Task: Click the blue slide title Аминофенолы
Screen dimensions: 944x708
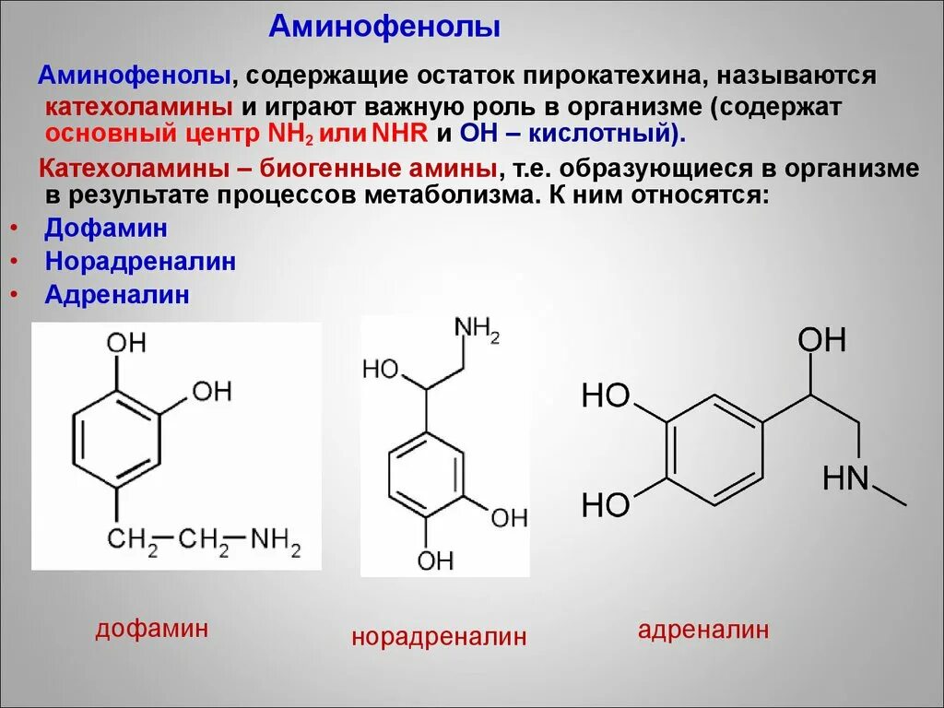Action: pyautogui.click(x=384, y=28)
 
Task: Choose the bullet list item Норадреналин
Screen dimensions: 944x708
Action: pyautogui.click(x=140, y=261)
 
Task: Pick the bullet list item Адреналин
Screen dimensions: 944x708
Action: pyautogui.click(x=117, y=295)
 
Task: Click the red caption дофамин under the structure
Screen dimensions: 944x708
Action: pyautogui.click(x=151, y=630)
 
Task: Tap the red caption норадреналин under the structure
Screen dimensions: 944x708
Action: pyautogui.click(x=439, y=636)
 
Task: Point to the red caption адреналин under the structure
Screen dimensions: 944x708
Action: pyautogui.click(x=703, y=631)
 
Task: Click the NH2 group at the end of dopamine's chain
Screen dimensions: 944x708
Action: pyautogui.click(x=276, y=538)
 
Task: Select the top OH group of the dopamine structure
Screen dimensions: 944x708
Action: pyautogui.click(x=126, y=344)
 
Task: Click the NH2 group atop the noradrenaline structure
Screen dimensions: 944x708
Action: pyautogui.click(x=478, y=330)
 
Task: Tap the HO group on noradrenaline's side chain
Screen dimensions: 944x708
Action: pyautogui.click(x=379, y=370)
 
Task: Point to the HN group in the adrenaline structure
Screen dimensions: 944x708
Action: pyautogui.click(x=845, y=478)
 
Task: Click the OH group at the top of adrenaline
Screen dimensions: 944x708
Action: pyautogui.click(x=821, y=340)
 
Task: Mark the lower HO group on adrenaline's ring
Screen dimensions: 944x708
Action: pyautogui.click(x=606, y=504)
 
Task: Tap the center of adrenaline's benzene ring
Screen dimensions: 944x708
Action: pyautogui.click(x=713, y=451)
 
